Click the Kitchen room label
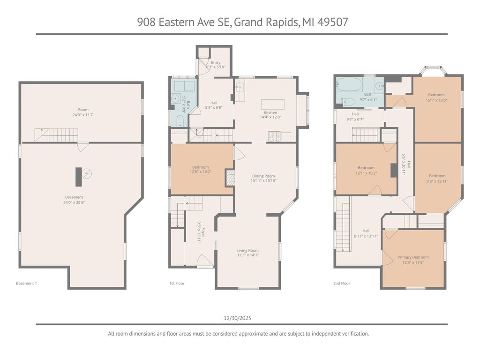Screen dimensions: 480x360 [270, 112]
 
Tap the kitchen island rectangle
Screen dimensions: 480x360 [272, 105]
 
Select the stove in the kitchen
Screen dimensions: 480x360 [275, 136]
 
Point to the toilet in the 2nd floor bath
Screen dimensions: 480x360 [348, 102]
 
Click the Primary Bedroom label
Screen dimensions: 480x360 [413, 257]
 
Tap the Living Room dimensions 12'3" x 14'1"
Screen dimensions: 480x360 [248, 255]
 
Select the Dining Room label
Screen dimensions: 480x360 [263, 176]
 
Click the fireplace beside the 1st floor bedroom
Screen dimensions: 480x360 [230, 178]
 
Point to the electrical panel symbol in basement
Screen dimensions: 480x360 [87, 174]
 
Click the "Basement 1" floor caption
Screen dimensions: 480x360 [26, 284]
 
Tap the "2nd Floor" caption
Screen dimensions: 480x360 [342, 284]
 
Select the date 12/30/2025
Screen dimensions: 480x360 [237, 318]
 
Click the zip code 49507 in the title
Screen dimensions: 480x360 [333, 22]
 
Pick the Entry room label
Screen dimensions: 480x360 [216, 62]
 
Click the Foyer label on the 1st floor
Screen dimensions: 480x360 [203, 232]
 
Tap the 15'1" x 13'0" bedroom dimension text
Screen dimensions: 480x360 [436, 100]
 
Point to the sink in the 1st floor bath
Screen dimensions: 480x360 [175, 98]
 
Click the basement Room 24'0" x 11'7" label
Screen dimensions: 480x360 [83, 112]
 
